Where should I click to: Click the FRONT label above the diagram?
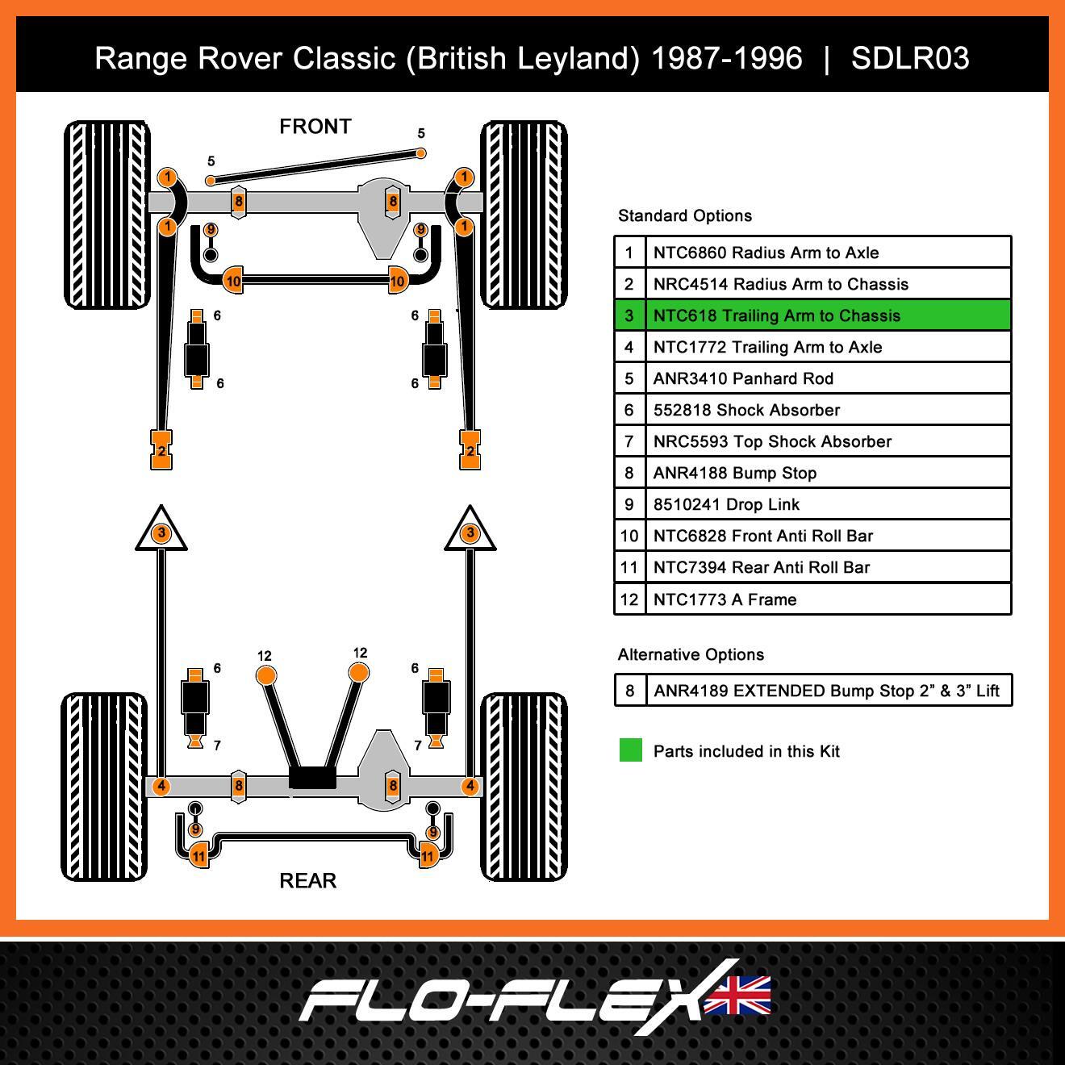coord(315,127)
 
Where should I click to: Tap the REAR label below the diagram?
coord(307,880)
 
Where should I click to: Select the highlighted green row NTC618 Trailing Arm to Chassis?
coord(812,315)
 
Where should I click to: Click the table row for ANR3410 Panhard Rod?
coord(812,378)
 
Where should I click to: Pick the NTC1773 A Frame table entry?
coord(812,599)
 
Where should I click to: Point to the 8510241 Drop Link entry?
coord(812,504)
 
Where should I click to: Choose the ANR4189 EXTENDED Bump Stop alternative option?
coord(813,691)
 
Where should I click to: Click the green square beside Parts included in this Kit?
coord(631,750)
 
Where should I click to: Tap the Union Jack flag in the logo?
coord(737,995)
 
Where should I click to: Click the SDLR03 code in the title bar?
coord(910,58)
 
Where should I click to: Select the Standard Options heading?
coord(685,215)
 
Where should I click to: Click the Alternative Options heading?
coord(691,654)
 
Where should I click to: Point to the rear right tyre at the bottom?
coord(524,787)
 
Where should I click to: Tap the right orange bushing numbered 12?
coord(359,673)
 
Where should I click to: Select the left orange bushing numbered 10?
coord(232,281)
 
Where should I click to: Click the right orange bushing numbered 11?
coord(428,855)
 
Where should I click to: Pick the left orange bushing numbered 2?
coord(162,450)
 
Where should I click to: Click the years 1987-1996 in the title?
coord(726,58)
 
